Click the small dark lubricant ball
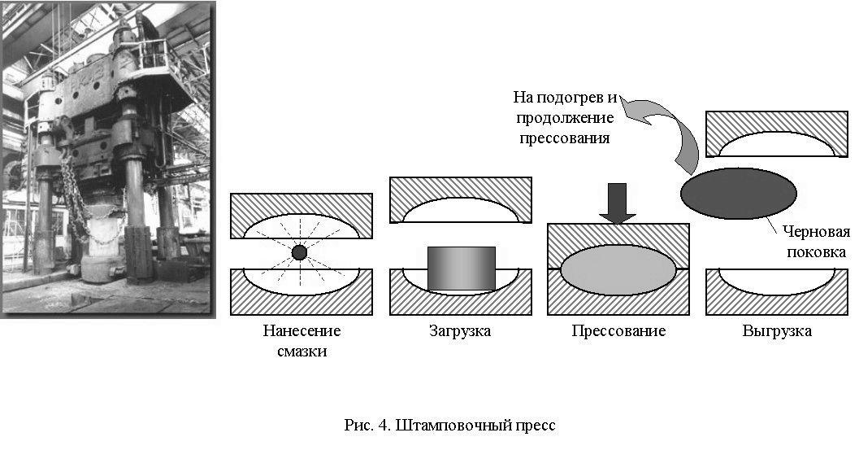click(299, 252)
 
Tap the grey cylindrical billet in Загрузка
click(462, 269)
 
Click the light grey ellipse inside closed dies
click(618, 270)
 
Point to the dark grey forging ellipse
click(739, 193)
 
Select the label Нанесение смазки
click(302, 341)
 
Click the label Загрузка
click(460, 331)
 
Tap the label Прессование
click(618, 331)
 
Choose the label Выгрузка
click(777, 331)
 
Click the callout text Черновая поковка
click(816, 242)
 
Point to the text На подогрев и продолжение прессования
click(564, 117)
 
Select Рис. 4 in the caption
click(367, 426)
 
